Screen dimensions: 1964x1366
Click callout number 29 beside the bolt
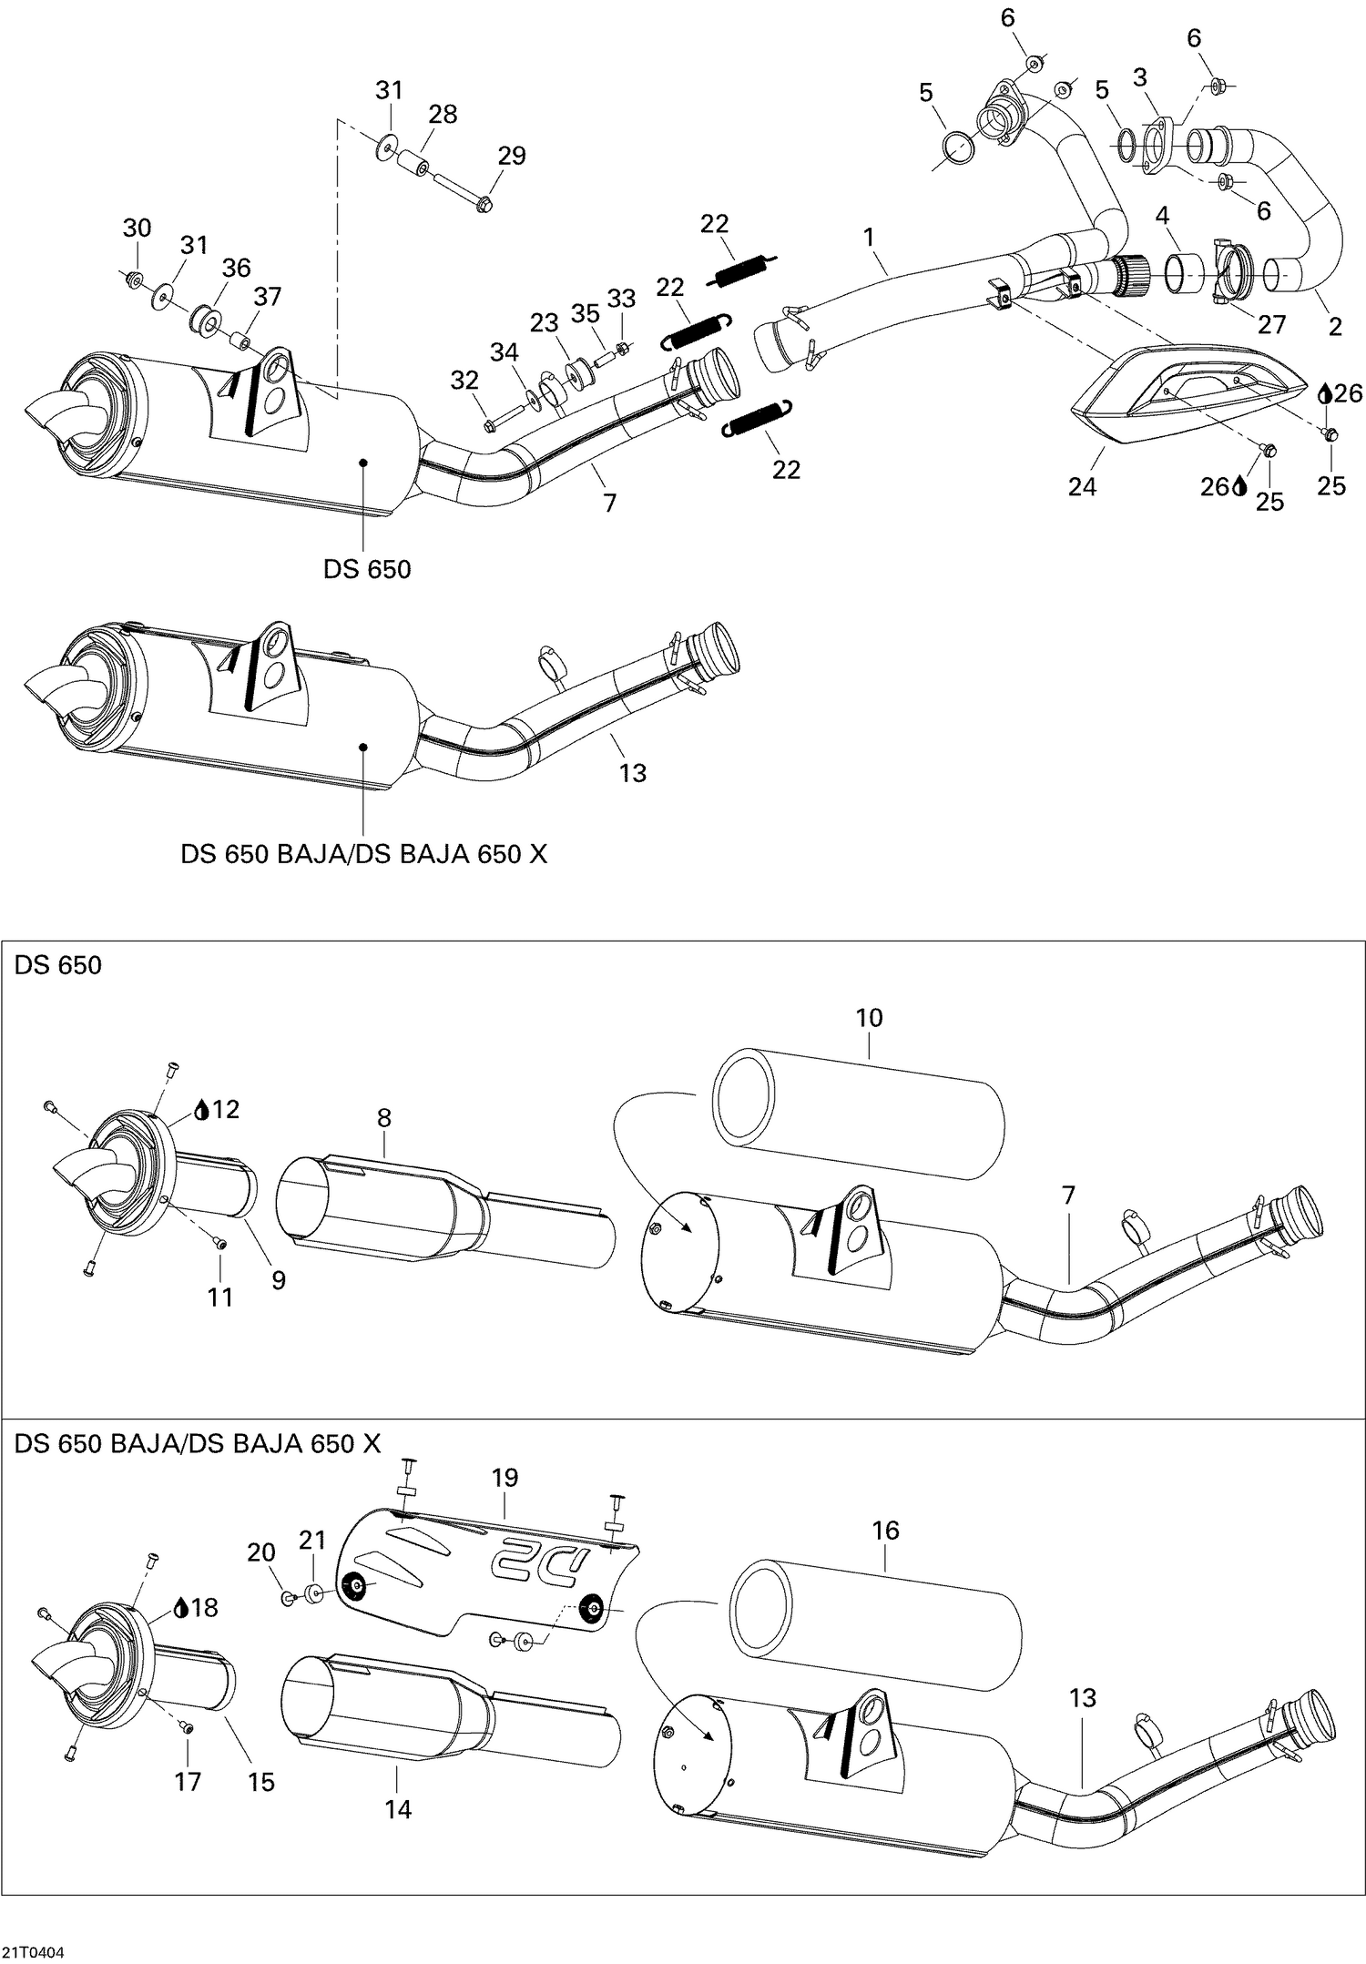point(512,156)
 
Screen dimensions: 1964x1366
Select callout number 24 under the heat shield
point(1082,487)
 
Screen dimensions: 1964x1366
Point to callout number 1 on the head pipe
point(869,238)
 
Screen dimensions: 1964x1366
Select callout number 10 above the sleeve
point(869,1018)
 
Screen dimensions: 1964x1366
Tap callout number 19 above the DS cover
point(505,1478)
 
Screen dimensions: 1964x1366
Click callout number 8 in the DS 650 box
point(383,1118)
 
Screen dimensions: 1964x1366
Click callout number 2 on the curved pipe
point(1335,328)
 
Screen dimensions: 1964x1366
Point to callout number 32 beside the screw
point(464,381)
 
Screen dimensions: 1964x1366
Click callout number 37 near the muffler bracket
point(268,296)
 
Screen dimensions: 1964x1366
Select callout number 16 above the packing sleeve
point(885,1531)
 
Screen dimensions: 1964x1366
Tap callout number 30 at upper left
point(137,228)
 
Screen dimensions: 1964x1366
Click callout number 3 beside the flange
point(1139,77)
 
